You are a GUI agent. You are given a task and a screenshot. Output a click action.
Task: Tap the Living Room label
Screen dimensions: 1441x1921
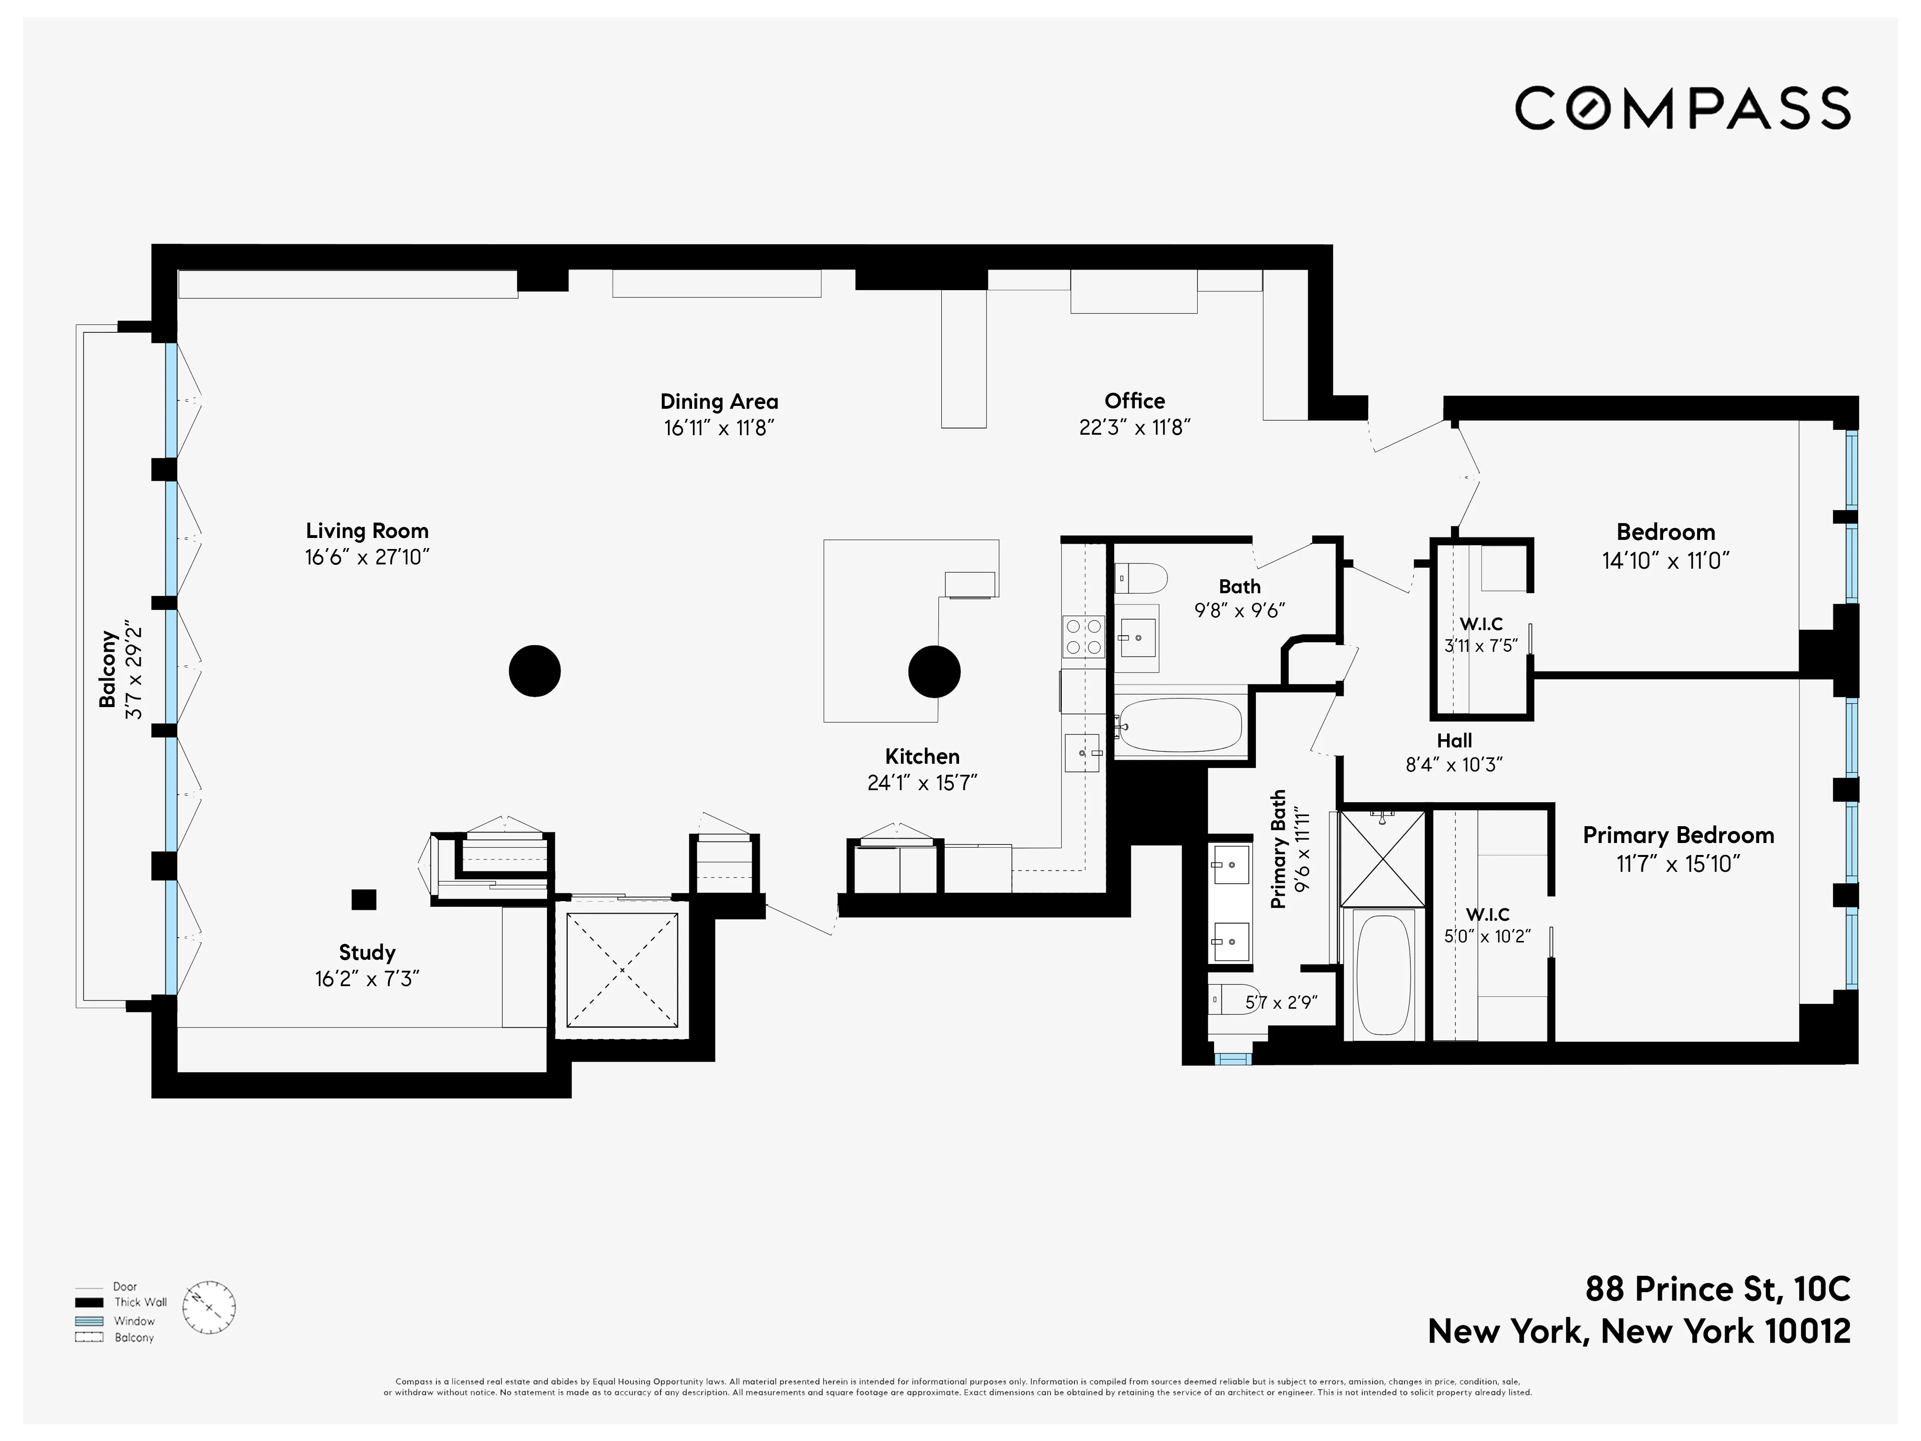click(x=366, y=531)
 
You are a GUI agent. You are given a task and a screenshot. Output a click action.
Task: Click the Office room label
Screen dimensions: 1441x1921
click(x=1134, y=401)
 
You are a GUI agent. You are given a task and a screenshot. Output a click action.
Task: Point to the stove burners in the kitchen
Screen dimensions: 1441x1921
click(x=1083, y=636)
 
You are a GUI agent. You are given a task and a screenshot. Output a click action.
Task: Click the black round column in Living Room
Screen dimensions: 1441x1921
click(x=534, y=671)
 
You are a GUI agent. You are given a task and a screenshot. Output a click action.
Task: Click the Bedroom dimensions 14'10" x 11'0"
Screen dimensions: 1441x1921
click(x=1665, y=560)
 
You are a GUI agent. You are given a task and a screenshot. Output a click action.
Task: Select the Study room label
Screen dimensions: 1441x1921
click(x=366, y=952)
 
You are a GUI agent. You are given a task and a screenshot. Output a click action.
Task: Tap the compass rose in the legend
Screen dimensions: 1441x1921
click(x=209, y=1307)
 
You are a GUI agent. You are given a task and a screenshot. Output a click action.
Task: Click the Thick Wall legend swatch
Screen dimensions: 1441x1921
click(x=88, y=1302)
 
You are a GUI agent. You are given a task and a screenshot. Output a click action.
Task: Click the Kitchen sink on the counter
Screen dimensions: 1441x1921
click(x=1082, y=752)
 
